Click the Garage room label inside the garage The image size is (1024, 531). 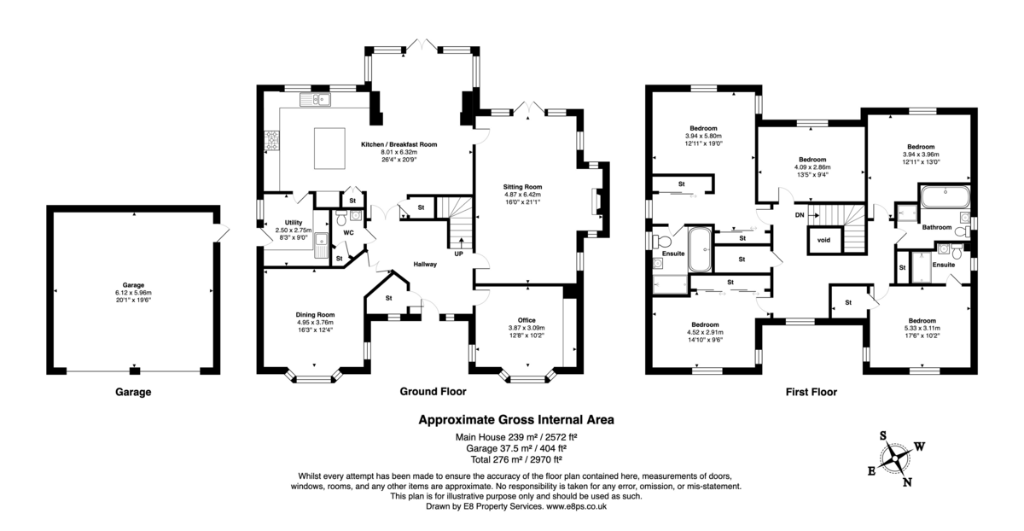tap(132, 285)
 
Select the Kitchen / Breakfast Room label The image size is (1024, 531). tap(399, 145)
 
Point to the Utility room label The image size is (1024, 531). tap(282, 223)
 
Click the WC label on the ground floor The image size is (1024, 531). tap(348, 231)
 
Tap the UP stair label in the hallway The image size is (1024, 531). tap(459, 254)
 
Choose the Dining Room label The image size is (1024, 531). tap(315, 314)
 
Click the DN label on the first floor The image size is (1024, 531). tap(799, 215)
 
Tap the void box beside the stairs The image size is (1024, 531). tap(823, 240)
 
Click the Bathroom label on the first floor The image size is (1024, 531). tap(936, 227)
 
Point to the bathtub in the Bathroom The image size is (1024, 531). tap(944, 199)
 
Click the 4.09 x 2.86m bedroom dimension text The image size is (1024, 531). tap(812, 168)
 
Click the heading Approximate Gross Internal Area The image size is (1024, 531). tap(515, 419)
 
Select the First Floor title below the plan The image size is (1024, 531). tap(811, 393)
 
